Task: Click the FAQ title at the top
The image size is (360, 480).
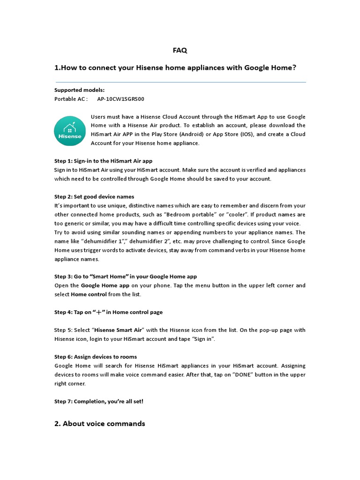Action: (x=180, y=50)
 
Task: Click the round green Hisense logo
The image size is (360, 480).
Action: (x=70, y=131)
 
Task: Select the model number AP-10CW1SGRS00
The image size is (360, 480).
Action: (x=121, y=99)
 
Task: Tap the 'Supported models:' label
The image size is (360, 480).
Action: (x=79, y=90)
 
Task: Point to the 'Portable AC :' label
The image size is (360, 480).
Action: (x=71, y=99)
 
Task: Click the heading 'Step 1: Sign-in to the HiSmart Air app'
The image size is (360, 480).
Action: (x=103, y=161)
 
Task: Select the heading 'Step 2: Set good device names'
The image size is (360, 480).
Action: (x=94, y=196)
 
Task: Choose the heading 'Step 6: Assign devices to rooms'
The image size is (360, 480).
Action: (x=96, y=357)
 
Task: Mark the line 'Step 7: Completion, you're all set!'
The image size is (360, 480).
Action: (x=99, y=401)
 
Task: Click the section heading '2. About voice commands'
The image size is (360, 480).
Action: (x=100, y=424)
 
